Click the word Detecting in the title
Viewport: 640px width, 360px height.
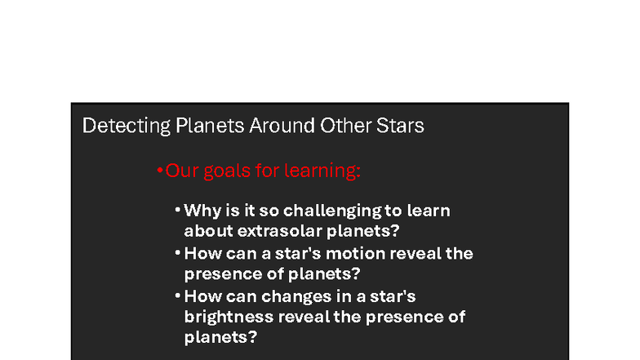tap(114, 127)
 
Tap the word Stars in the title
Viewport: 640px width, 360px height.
tap(401, 127)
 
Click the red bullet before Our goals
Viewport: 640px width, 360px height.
tap(159, 171)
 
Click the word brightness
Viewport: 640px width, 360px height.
tap(228, 316)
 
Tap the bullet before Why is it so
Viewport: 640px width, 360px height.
tap(177, 211)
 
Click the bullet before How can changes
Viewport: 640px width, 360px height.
tap(177, 296)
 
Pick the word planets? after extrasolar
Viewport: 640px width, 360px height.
tap(364, 230)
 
